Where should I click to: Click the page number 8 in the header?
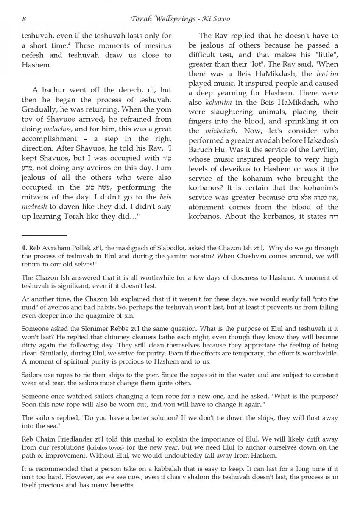(x=24, y=19)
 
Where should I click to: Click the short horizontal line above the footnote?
(x=44, y=235)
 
